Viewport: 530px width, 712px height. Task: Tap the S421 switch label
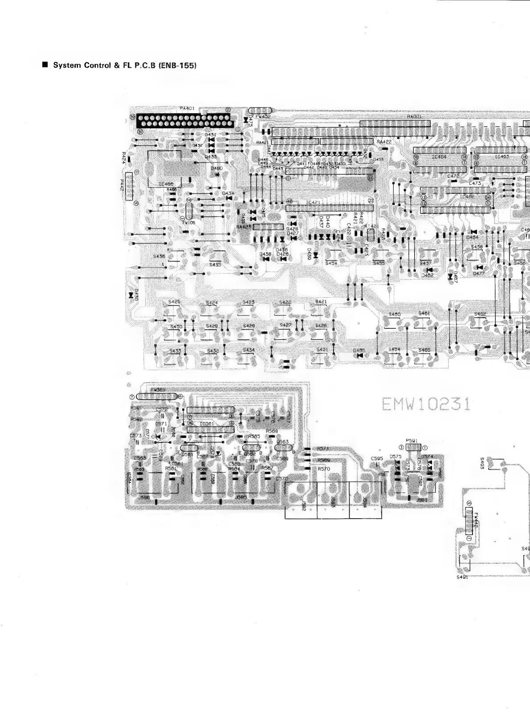321,302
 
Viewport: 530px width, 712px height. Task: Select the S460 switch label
395,314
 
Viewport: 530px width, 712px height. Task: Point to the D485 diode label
359,351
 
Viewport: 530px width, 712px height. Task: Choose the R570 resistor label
324,469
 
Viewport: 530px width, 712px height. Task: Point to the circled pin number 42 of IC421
289,201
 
